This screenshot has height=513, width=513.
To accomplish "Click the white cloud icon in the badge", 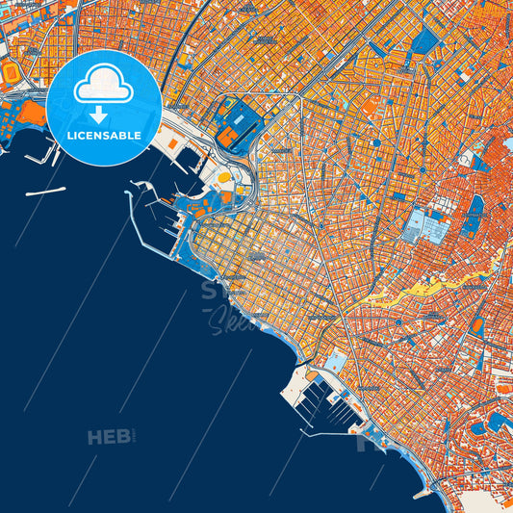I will click(103, 85).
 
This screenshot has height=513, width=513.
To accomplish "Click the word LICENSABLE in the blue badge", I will click(104, 135).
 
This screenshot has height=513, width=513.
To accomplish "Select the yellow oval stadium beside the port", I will click(224, 178).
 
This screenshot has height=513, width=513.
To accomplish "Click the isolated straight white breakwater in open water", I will click(45, 192).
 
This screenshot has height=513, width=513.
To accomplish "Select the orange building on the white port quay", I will click(172, 143).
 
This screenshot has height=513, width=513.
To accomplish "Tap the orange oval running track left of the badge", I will click(12, 73).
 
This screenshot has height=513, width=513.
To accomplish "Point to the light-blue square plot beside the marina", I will click(336, 362).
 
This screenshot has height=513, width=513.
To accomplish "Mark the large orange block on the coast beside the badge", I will click(31, 114).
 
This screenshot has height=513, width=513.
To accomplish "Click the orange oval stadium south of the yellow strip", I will click(477, 326).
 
